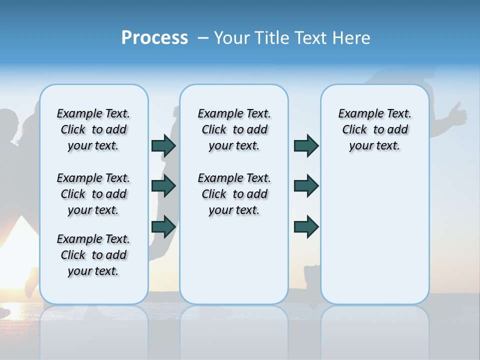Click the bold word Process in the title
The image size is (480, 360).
pyautogui.click(x=154, y=38)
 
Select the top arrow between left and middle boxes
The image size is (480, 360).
pyautogui.click(x=163, y=146)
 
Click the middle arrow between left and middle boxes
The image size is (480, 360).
pyautogui.click(x=163, y=186)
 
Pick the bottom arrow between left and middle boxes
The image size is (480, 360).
pyautogui.click(x=163, y=227)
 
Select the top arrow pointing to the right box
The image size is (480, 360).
pyautogui.click(x=306, y=146)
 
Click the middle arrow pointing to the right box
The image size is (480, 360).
pyautogui.click(x=306, y=186)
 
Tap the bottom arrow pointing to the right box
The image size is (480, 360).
pyautogui.click(x=306, y=227)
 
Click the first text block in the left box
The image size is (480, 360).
pyautogui.click(x=93, y=129)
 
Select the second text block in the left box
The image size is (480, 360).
pyautogui.click(x=93, y=194)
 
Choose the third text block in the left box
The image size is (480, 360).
pyautogui.click(x=93, y=255)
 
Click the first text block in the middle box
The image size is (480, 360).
pyautogui.click(x=234, y=129)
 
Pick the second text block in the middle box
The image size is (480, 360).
pyautogui.click(x=234, y=194)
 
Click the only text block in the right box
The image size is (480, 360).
pyautogui.click(x=375, y=129)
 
